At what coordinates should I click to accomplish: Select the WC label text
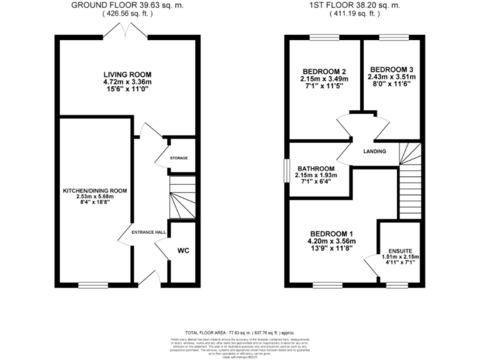point(183,251)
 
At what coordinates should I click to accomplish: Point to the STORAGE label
point(179,158)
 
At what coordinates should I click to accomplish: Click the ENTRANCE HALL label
point(148,232)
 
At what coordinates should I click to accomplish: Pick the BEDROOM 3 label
point(392,69)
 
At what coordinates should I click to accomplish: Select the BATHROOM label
point(316,169)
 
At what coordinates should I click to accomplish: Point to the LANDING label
point(375,151)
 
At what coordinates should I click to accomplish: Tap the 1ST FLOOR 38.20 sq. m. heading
point(354,5)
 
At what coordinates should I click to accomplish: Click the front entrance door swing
point(151,278)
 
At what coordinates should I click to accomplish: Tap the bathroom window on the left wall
point(286,169)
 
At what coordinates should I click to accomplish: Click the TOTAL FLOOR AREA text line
point(239,333)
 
